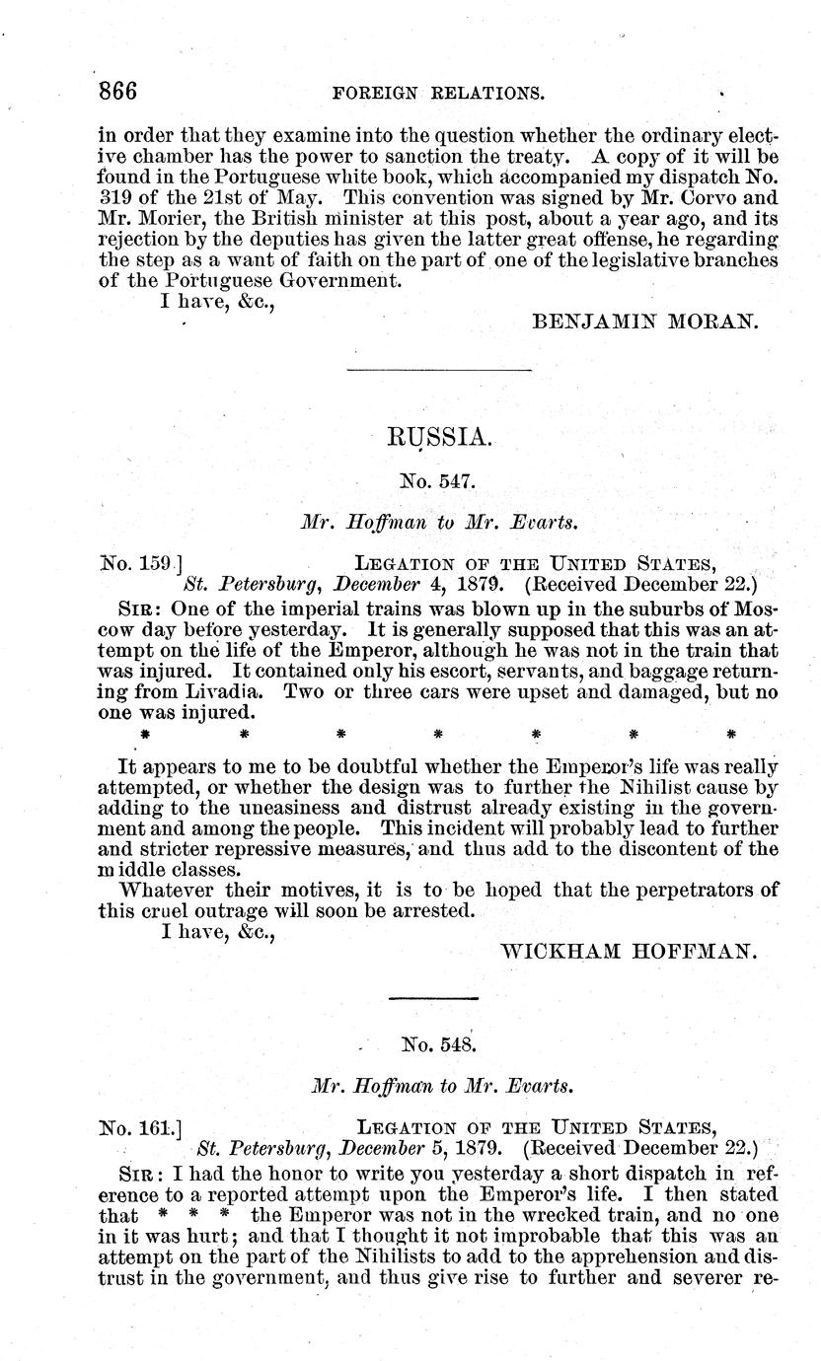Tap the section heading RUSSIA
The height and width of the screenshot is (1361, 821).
coord(439,434)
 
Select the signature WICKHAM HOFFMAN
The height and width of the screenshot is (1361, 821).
coord(630,951)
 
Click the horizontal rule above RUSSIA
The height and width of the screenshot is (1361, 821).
coord(439,371)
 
